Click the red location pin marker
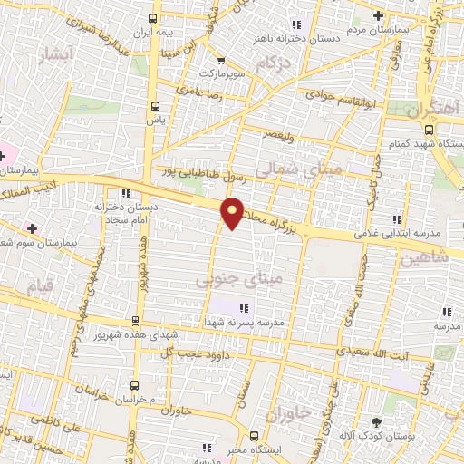(233, 212)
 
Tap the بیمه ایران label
(152, 32)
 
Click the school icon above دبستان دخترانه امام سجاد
(125, 193)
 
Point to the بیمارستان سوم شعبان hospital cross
(33, 227)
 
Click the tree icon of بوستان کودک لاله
(377, 421)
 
